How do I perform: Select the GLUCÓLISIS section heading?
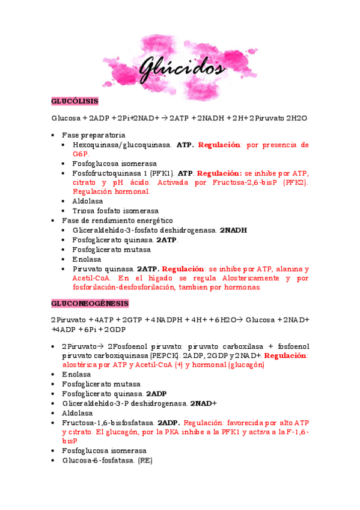click(75, 100)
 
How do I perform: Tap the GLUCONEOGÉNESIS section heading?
click(90, 303)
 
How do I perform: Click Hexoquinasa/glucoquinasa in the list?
click(121, 145)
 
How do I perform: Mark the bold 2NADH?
click(233, 230)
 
